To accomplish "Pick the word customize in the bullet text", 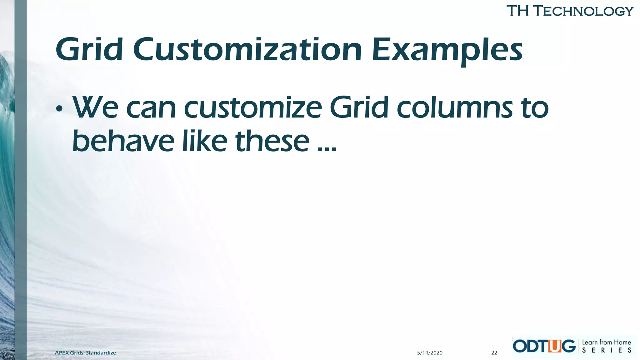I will coord(253,108).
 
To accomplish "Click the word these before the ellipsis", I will coord(272,141).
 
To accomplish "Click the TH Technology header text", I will coord(569,11).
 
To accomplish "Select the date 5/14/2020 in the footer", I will coord(430,353).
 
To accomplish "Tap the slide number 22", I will coord(494,353).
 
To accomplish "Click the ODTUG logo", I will coord(544,346).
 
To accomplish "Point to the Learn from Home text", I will coord(606,342).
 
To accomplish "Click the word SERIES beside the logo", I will coord(606,351).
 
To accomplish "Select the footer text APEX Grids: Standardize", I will coord(85,353).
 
